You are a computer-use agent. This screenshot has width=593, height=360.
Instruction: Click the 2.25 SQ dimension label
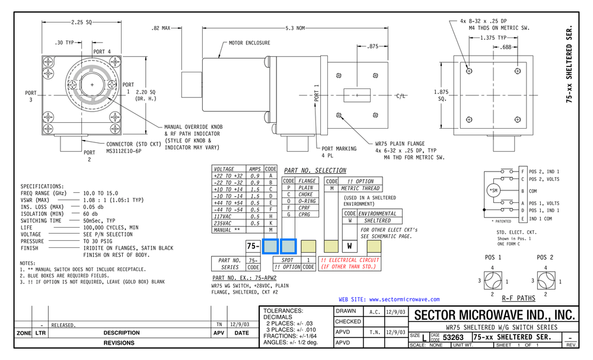(81, 22)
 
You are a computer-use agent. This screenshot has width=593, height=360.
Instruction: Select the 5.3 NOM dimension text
(295, 28)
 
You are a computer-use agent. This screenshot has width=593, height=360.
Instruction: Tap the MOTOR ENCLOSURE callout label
(249, 43)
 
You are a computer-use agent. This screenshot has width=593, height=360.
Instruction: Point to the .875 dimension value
(373, 46)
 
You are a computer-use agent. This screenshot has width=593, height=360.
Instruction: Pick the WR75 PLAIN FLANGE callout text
(400, 144)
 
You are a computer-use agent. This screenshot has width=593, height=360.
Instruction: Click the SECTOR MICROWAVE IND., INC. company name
(494, 314)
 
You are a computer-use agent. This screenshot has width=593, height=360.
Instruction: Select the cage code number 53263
(454, 337)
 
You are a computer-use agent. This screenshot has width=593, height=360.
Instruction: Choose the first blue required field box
(270, 246)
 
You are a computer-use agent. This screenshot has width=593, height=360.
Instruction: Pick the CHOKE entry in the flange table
(306, 194)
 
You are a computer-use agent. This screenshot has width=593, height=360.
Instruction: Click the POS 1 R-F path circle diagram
(493, 281)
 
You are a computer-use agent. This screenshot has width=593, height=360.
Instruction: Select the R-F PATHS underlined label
(519, 298)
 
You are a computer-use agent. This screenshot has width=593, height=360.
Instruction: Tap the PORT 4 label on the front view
(101, 51)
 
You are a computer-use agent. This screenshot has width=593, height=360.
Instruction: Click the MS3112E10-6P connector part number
(125, 151)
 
